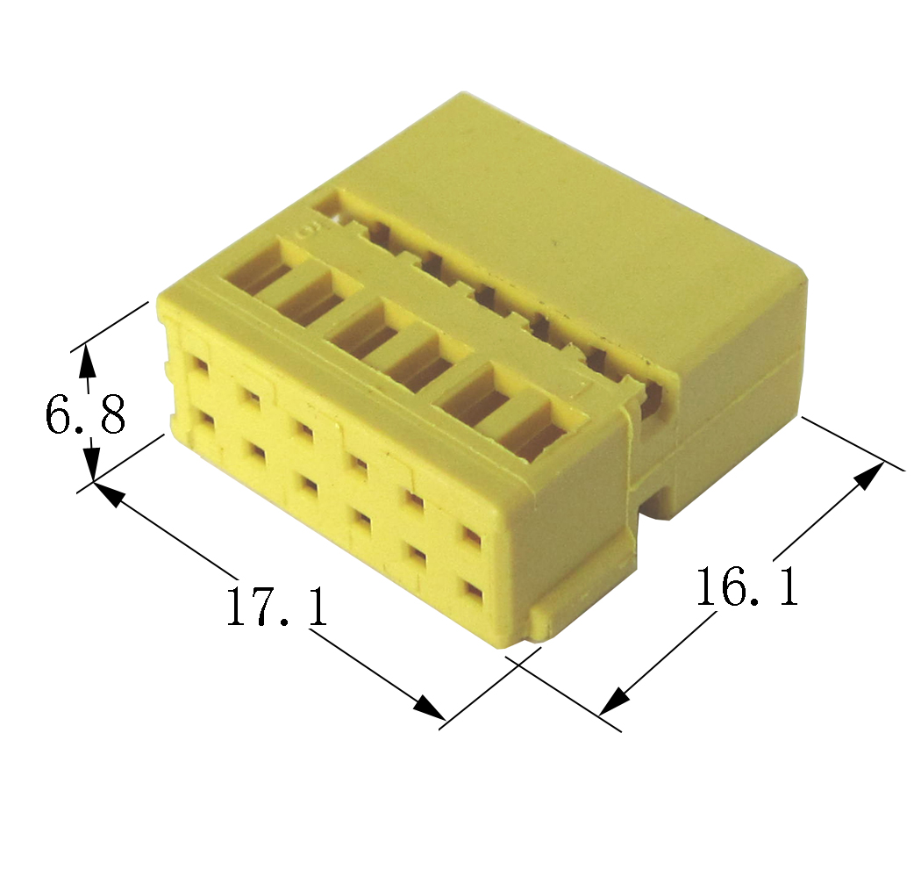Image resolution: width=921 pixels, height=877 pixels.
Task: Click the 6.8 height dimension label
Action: point(85,414)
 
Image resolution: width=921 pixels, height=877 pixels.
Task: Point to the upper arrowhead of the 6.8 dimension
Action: point(87,360)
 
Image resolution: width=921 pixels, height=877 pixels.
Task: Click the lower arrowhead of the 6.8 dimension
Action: point(93,464)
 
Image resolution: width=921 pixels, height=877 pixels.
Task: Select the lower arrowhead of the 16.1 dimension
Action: point(614,701)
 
